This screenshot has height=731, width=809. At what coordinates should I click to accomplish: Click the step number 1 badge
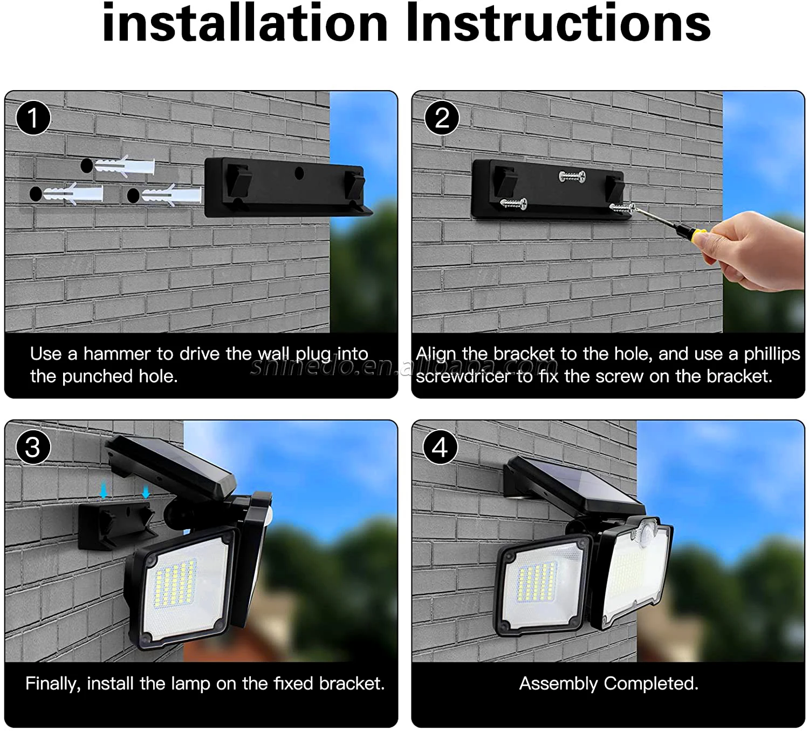coord(33,118)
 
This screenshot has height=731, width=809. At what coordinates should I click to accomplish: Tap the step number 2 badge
coord(442,118)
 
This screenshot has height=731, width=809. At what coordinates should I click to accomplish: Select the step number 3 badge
coord(33,447)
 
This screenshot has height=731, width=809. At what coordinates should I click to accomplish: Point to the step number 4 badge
coord(440,447)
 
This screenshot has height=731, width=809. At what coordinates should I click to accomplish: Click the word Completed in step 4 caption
coord(650,683)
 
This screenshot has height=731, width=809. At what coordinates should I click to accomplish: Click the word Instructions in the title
coord(558,23)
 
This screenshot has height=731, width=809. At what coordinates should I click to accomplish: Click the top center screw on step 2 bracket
coord(572,176)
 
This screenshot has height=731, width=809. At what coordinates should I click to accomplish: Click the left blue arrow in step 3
coord(104,490)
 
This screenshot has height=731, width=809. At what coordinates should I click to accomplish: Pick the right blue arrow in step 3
coord(146,490)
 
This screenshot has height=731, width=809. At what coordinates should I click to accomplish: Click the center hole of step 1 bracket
coord(299,173)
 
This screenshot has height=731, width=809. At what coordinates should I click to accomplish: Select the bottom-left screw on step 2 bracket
coord(513,204)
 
